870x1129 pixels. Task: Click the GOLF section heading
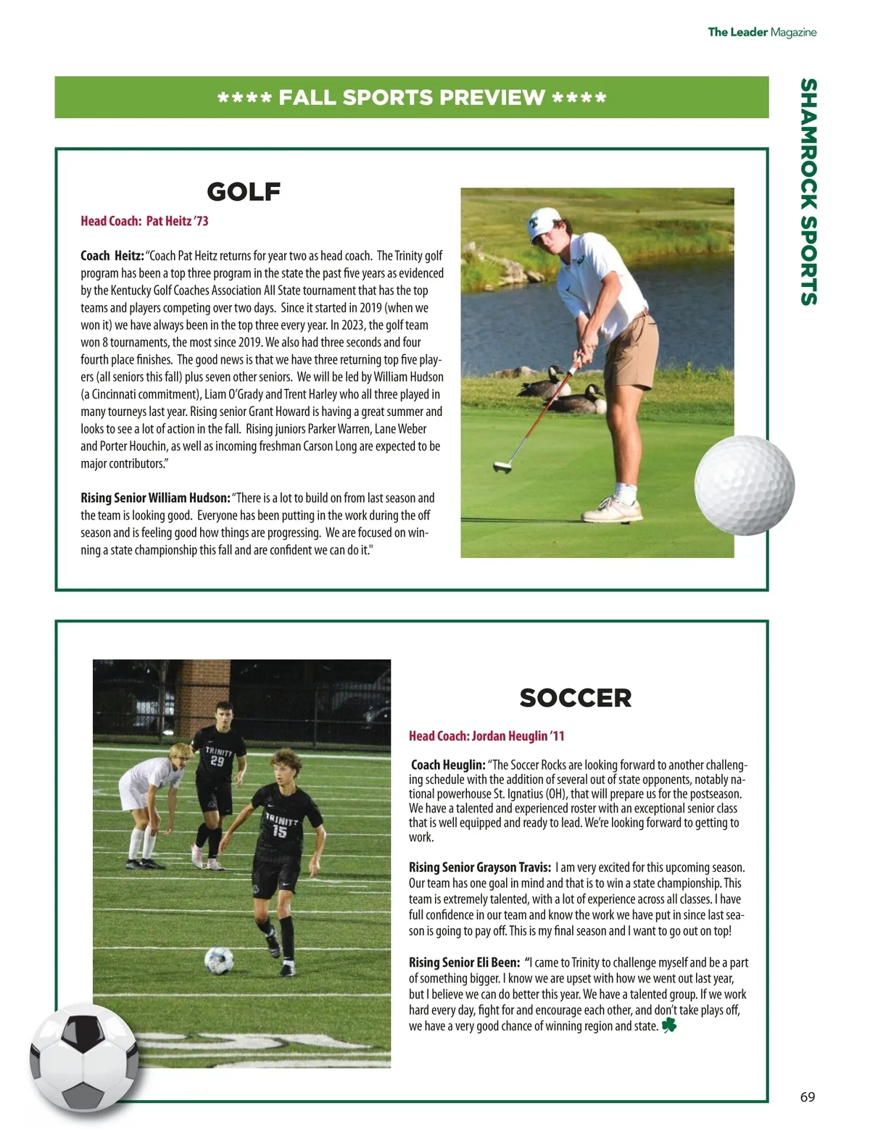point(244,192)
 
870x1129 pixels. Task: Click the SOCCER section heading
point(575,698)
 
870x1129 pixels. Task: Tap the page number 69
point(807,1096)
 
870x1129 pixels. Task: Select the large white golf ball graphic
point(744,485)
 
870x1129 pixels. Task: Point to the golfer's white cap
point(544,221)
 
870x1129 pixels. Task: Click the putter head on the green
point(502,467)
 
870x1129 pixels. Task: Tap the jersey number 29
point(217,762)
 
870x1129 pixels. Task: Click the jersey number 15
point(280,832)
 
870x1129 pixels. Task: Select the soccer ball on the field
point(219,961)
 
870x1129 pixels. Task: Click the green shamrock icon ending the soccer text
point(668,1025)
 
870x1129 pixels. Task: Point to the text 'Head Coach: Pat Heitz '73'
point(144,221)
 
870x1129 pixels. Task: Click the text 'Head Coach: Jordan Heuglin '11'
point(486,736)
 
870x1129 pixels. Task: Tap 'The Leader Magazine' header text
point(762,32)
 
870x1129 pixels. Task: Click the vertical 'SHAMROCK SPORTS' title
point(808,192)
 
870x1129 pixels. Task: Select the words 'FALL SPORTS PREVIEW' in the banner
point(411,98)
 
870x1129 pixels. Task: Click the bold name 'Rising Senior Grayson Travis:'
point(479,867)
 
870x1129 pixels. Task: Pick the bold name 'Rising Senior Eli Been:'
point(464,963)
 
